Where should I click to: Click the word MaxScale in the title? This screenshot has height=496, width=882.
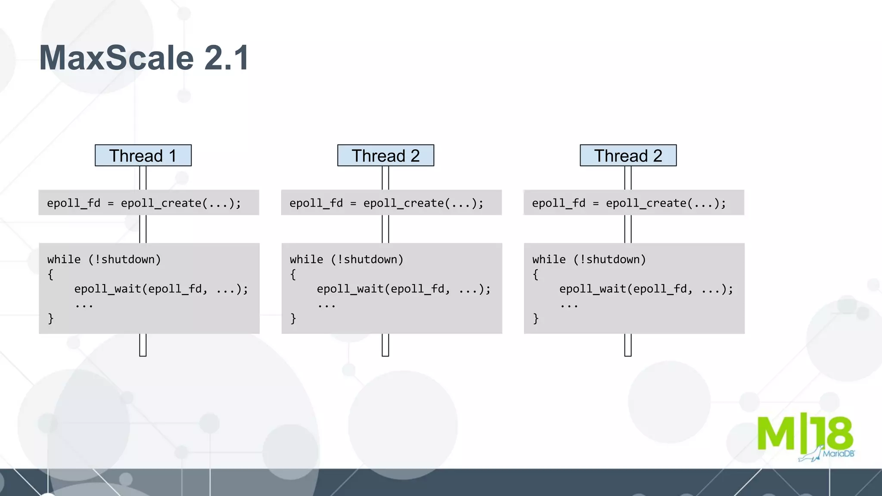[x=116, y=58]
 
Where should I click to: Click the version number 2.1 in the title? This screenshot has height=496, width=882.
[x=227, y=58]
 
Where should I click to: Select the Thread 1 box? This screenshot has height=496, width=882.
[x=143, y=155]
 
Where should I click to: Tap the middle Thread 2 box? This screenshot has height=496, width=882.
[x=385, y=155]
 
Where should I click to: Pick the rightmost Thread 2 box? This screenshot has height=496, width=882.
[x=628, y=155]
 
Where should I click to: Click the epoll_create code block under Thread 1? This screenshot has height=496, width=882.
[x=149, y=202]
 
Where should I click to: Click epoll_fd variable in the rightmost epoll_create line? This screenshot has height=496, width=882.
[x=558, y=203]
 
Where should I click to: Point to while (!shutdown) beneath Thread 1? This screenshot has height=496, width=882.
[x=104, y=259]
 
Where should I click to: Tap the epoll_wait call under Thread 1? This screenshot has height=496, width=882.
[x=161, y=288]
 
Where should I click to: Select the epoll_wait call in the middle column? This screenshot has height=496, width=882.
[x=404, y=288]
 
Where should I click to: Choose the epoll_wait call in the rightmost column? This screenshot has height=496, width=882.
[x=646, y=288]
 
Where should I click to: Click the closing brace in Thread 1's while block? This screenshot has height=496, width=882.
[x=51, y=318]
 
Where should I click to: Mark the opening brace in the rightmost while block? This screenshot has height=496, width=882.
[x=535, y=274]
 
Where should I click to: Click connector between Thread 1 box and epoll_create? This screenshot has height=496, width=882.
[x=143, y=177]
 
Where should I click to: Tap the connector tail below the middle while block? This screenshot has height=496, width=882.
[x=385, y=345]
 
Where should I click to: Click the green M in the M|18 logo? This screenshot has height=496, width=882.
[x=776, y=433]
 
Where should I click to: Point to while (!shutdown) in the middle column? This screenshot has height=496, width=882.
[x=346, y=259]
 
